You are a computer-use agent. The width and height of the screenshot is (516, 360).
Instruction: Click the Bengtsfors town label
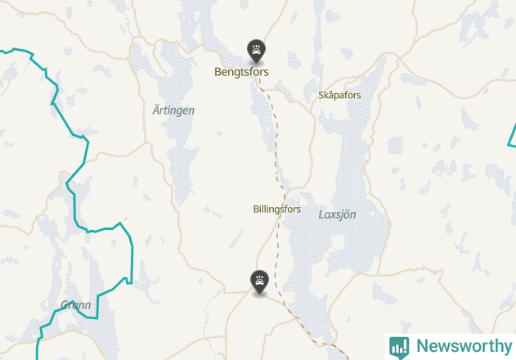[241, 72]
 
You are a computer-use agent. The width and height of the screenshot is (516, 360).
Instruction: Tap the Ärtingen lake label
[173, 110]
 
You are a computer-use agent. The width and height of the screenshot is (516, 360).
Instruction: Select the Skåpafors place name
[339, 95]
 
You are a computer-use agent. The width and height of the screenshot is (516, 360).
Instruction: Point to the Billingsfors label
[277, 209]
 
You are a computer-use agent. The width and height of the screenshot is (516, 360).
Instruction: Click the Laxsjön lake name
[337, 214]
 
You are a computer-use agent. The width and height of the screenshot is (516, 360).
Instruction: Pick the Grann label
[76, 305]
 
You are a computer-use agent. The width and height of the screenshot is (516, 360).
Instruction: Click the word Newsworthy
[463, 346]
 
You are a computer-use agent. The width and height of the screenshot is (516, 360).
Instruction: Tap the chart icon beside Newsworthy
[399, 346]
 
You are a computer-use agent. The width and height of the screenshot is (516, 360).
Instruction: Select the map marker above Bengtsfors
[257, 51]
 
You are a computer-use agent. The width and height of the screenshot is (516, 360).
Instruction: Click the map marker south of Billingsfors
[259, 281]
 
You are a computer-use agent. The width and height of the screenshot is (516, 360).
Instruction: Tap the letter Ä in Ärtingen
[156, 110]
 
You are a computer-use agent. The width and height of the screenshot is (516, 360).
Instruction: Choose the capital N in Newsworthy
[422, 346]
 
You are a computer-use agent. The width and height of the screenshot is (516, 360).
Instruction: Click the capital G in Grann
[65, 305]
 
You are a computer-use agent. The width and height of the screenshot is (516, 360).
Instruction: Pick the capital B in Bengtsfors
[218, 72]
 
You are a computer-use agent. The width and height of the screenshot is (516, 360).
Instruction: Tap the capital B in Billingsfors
[256, 209]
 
